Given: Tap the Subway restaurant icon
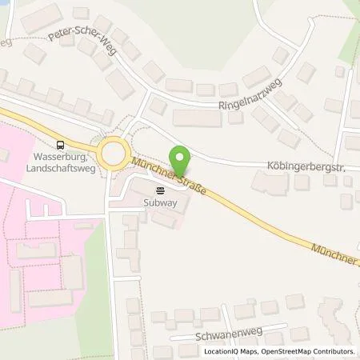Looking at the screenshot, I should (x=160, y=190).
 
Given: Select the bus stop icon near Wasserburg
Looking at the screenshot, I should (x=61, y=145).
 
